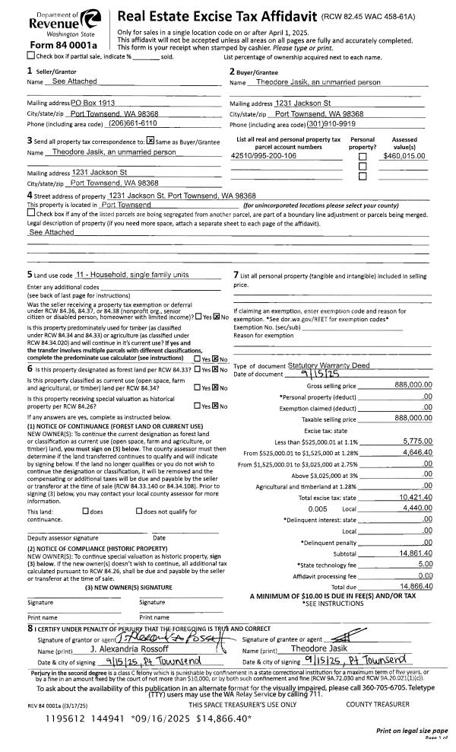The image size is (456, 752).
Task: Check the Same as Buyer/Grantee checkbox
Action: coord(150,141)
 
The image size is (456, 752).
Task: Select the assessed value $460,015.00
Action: coord(404,155)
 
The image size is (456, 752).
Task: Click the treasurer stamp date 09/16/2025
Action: coord(161,717)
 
